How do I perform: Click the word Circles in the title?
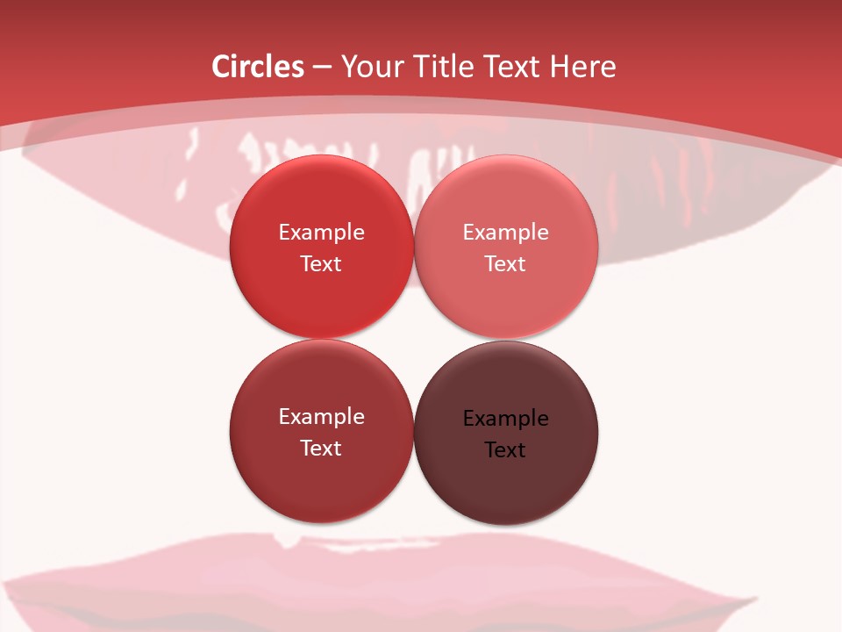pos(257,67)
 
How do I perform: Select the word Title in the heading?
pos(446,67)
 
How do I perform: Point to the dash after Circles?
pos(321,68)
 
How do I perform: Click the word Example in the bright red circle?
pos(321,233)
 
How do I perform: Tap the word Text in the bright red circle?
pos(321,264)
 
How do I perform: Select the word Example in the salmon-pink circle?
pos(505,233)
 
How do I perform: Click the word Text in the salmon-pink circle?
pos(505,264)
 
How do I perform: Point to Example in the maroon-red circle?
pos(321,417)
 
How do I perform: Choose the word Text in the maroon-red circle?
pos(321,449)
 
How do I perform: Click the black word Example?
pos(505,419)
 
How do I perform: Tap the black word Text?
pos(505,450)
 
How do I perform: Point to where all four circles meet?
pos(413,339)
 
